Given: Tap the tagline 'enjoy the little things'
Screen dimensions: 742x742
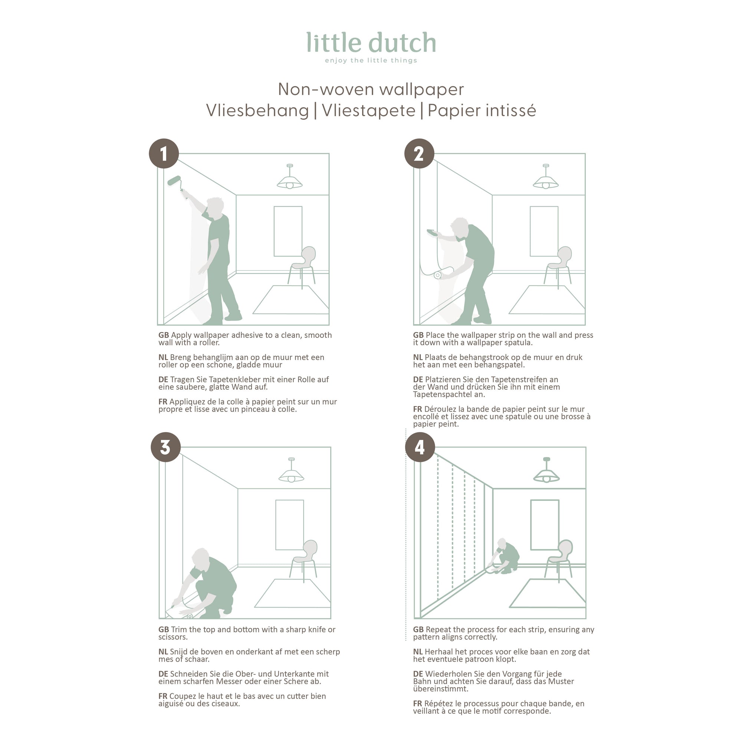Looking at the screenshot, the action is coord(371,60).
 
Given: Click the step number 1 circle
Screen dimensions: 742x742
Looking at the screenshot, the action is coord(164,154).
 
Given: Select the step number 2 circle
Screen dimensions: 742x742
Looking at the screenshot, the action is coord(419,154).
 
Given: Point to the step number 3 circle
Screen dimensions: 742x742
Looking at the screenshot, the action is coord(165,447).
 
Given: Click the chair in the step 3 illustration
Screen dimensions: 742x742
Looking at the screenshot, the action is coord(304,561).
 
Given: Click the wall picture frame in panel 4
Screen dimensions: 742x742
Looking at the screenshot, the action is coord(545,525).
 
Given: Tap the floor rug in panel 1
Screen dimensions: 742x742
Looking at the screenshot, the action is coord(291,299).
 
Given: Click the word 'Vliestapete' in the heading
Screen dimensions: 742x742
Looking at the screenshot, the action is coord(369,111).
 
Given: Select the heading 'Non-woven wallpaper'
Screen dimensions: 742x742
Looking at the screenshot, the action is coord(371,89).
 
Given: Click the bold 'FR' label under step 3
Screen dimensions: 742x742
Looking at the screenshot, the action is coord(163,696).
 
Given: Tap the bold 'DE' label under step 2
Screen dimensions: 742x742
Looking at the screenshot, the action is coord(418,380).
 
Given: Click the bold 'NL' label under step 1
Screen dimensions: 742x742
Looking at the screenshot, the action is coord(163,357).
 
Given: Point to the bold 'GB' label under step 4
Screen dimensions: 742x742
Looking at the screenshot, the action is coord(418,630).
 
